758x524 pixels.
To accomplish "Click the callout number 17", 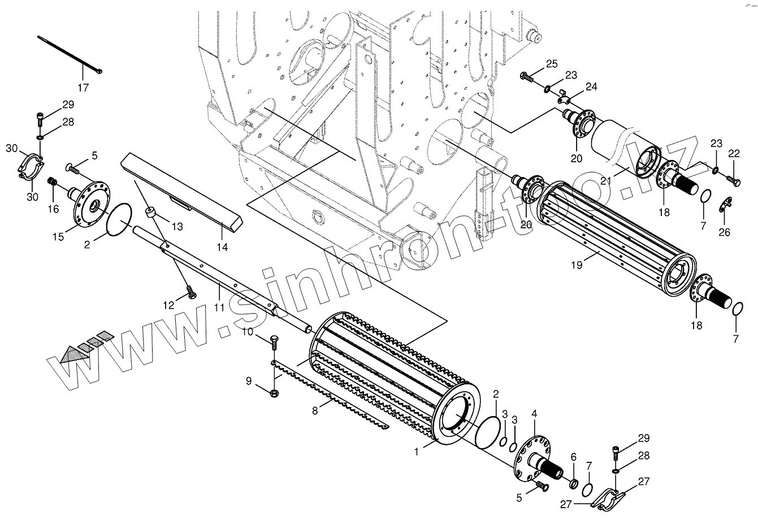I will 83,88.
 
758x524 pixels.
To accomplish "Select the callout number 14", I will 222,247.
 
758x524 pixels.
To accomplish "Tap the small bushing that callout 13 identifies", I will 151,213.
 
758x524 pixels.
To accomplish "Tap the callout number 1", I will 417,452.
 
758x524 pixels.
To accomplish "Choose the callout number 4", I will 534,413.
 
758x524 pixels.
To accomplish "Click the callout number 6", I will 573,456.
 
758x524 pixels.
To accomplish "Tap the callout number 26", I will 724,232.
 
